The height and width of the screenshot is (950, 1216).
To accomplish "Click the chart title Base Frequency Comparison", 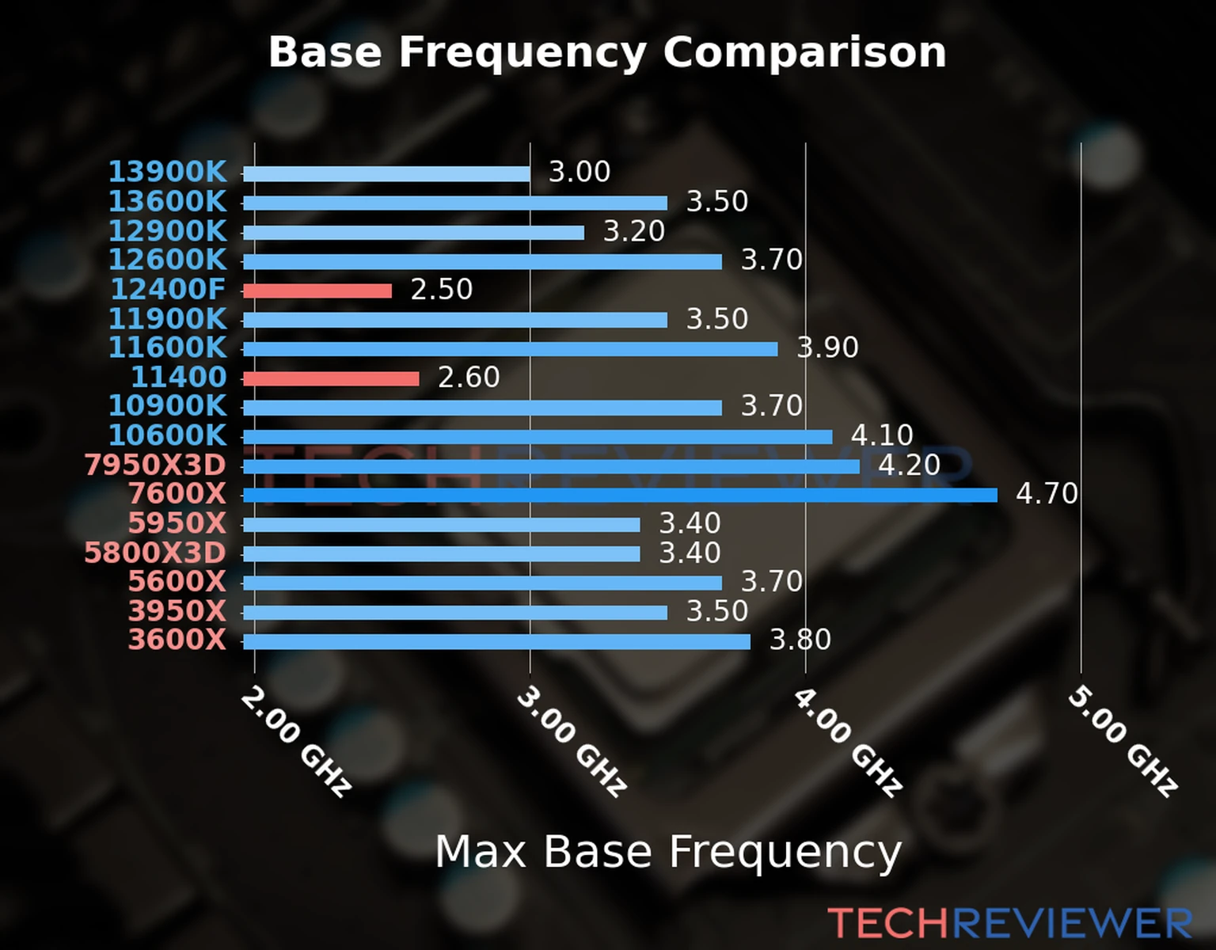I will click(x=607, y=52).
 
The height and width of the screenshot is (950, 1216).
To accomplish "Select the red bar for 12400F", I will click(x=317, y=291).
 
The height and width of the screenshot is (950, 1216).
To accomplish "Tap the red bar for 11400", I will click(x=331, y=378).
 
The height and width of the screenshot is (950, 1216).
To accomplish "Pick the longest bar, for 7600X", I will click(x=620, y=496).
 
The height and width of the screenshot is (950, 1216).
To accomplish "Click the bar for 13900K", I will click(x=386, y=174).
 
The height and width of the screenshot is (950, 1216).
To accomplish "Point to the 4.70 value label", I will click(x=1047, y=494).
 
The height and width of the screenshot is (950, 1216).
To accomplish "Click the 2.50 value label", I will click(x=441, y=290).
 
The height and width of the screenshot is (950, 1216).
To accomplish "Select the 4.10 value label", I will click(x=882, y=435).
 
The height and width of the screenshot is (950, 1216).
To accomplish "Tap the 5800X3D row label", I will click(x=155, y=553).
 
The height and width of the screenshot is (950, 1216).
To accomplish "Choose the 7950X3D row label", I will click(x=155, y=465).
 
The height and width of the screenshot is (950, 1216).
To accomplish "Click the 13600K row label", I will click(x=167, y=202).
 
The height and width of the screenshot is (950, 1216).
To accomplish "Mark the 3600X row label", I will click(x=177, y=640).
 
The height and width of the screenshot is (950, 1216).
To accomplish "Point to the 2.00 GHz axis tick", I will click(x=295, y=741).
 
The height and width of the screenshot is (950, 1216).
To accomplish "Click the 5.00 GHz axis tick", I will click(x=1123, y=741).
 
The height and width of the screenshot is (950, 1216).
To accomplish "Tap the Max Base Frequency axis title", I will click(x=668, y=853).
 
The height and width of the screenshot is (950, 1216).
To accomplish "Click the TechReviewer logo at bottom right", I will click(x=1009, y=923).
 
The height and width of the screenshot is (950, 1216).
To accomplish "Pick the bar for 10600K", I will click(x=538, y=437).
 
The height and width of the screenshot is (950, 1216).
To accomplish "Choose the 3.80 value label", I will click(x=800, y=640).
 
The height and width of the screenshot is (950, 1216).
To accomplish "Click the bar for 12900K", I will click(x=413, y=233).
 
